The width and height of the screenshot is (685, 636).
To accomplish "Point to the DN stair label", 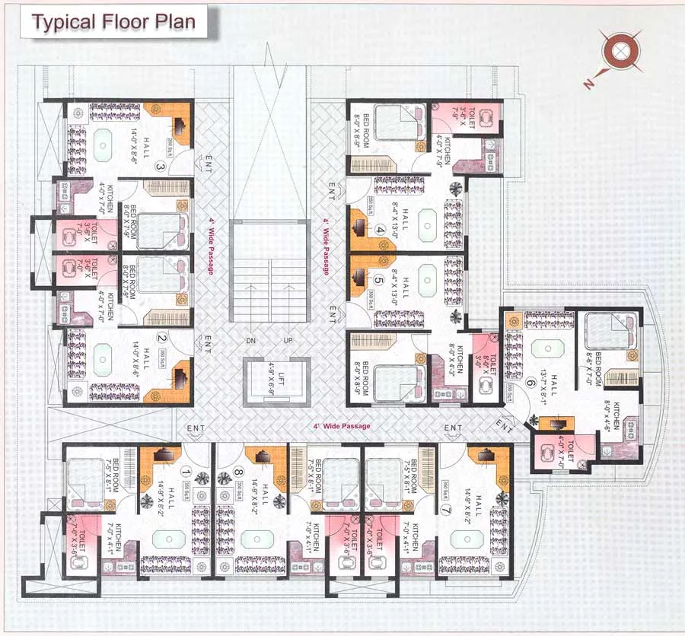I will (x=250, y=339).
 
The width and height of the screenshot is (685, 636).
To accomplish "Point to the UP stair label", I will (x=288, y=339).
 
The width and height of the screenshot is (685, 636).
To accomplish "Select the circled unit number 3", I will (x=161, y=167).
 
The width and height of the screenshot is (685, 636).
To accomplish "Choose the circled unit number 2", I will (x=161, y=339).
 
